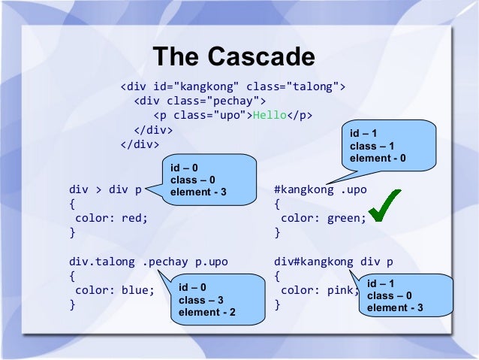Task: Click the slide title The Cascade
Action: [x=233, y=56]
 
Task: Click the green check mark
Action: [x=385, y=205]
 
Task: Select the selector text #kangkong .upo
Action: [x=321, y=189]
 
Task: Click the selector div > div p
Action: [x=105, y=189]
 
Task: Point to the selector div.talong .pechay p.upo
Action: [x=148, y=262]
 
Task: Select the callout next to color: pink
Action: [x=407, y=296]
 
